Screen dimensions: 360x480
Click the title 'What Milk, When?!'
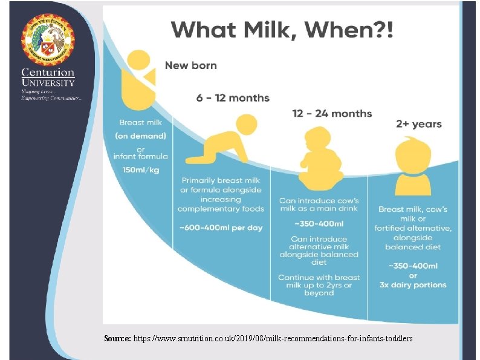click(282, 29)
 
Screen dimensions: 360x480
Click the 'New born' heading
click(191, 65)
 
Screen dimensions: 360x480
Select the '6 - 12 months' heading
click(233, 98)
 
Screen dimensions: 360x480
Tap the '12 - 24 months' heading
click(332, 114)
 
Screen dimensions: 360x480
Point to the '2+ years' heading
click(419, 124)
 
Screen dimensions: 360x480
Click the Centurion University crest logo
click(48, 39)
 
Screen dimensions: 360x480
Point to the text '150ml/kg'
click(141, 170)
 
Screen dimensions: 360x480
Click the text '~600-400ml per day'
click(221, 227)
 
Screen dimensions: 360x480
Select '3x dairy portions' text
click(414, 285)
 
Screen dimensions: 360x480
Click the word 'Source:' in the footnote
click(117, 339)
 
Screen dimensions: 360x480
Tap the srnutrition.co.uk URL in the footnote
click(273, 339)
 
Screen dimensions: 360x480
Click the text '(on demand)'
click(141, 136)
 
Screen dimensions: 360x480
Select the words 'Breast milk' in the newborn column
click(141, 122)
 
